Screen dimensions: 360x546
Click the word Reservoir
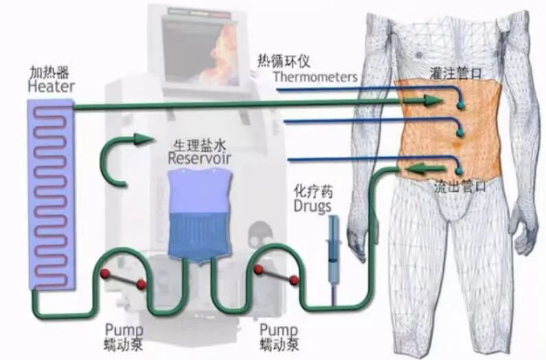click(199, 158)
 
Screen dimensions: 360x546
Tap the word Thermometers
click(315, 76)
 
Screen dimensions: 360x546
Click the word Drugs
click(311, 205)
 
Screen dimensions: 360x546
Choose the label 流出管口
click(461, 185)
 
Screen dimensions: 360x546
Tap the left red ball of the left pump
click(105, 274)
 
